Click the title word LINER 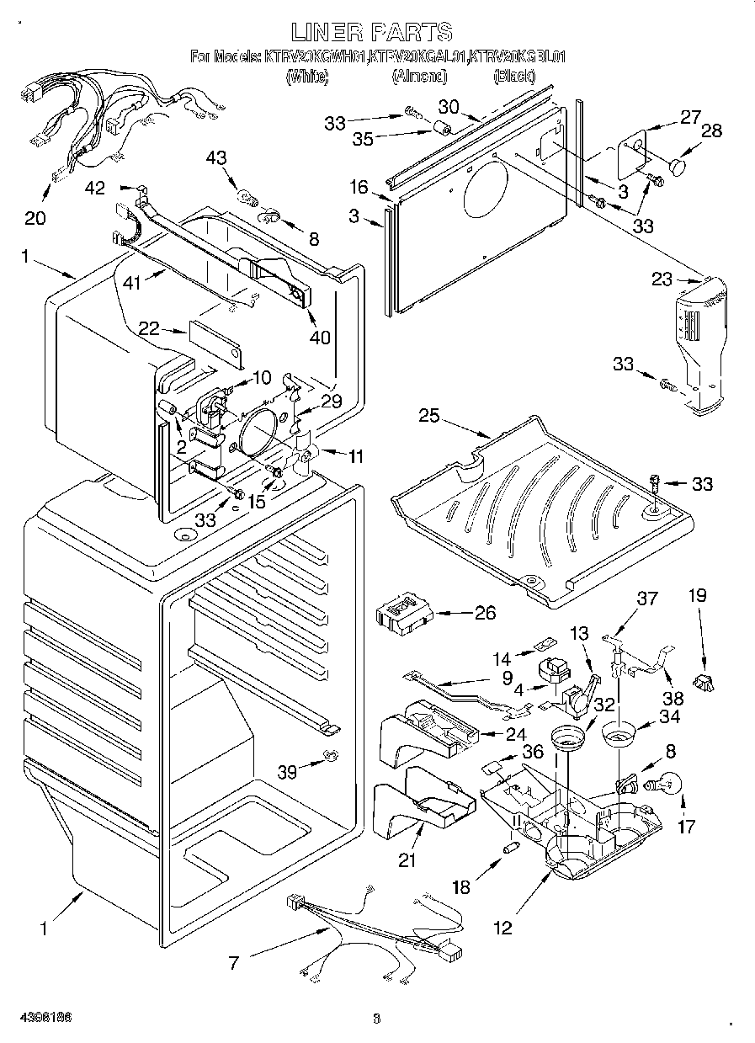(327, 32)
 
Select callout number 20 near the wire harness (35, 218)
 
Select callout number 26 (485, 613)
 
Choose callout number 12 (502, 928)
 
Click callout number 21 (407, 859)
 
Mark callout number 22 (149, 330)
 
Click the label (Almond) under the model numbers (418, 77)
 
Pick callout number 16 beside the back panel (359, 186)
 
